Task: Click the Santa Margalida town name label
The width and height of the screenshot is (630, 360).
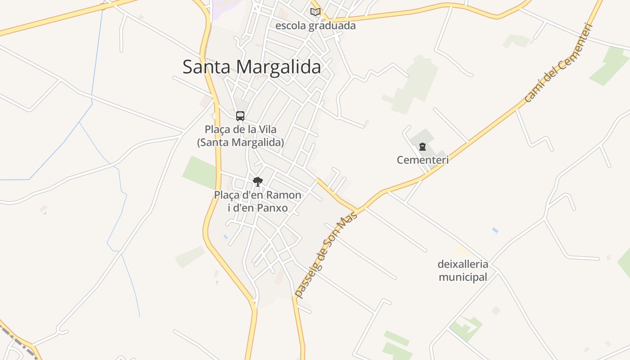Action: pyautogui.click(x=252, y=67)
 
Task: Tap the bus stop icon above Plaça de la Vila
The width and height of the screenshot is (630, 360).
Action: pyautogui.click(x=240, y=116)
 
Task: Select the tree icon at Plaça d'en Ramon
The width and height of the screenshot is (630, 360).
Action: pyautogui.click(x=257, y=182)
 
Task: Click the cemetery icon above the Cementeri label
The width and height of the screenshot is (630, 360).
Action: pyautogui.click(x=422, y=147)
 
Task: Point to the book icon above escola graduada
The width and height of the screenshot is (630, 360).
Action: pyautogui.click(x=315, y=12)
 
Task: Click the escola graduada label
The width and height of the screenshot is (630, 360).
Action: pyautogui.click(x=315, y=26)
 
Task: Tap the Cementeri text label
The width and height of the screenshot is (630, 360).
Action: pyautogui.click(x=423, y=160)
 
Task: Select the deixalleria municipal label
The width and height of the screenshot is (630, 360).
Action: pyautogui.click(x=463, y=270)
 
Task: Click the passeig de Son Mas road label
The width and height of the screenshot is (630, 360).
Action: pyautogui.click(x=325, y=255)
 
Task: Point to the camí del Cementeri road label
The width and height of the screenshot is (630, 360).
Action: pyautogui.click(x=559, y=63)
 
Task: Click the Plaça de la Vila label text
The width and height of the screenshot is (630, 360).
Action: pyautogui.click(x=240, y=135)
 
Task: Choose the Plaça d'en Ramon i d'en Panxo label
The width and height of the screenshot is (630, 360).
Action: pyautogui.click(x=257, y=202)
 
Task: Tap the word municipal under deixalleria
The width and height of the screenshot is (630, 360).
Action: pyautogui.click(x=463, y=277)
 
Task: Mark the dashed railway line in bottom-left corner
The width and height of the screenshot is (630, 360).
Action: pyautogui.click(x=18, y=342)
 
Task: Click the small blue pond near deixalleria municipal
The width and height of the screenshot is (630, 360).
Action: pyautogui.click(x=495, y=230)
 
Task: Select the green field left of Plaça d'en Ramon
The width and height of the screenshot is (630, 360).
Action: pyautogui.click(x=199, y=172)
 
